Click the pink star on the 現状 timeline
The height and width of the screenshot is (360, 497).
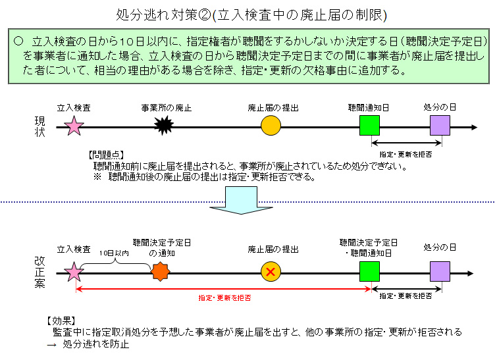point(74,126)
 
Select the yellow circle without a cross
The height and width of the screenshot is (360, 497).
point(271,126)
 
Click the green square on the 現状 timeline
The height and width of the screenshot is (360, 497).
point(370,126)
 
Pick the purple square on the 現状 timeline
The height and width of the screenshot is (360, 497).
point(440,126)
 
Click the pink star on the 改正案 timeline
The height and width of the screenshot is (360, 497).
point(74,271)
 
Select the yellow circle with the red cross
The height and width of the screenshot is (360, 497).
point(271,271)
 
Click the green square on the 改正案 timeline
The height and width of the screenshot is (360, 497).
point(370,271)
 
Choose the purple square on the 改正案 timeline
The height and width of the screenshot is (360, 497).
point(440,271)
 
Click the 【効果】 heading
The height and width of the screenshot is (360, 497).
point(63,321)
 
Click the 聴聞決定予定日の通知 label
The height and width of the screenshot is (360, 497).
point(162,247)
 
